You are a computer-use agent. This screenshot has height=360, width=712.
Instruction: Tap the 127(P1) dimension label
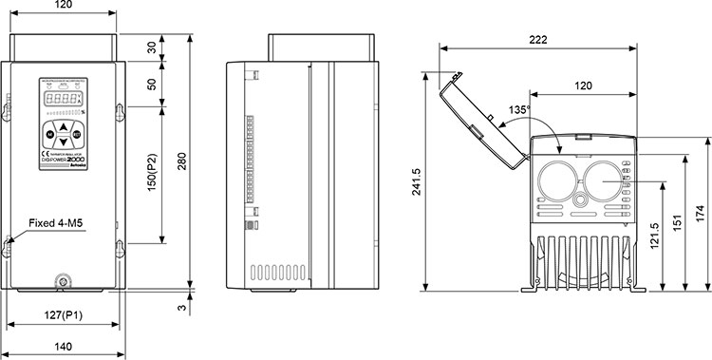pyautogui.click(x=63, y=314)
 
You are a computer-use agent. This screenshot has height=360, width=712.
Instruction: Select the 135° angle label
pyautogui.click(x=517, y=110)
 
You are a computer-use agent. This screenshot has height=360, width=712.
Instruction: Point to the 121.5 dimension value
pyautogui.click(x=654, y=236)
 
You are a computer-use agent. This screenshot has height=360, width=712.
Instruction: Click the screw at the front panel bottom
pyautogui.click(x=63, y=281)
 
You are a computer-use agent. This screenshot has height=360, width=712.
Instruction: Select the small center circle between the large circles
pyautogui.click(x=578, y=201)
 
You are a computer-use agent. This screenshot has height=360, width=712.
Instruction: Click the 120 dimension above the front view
pyautogui.click(x=62, y=6)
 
